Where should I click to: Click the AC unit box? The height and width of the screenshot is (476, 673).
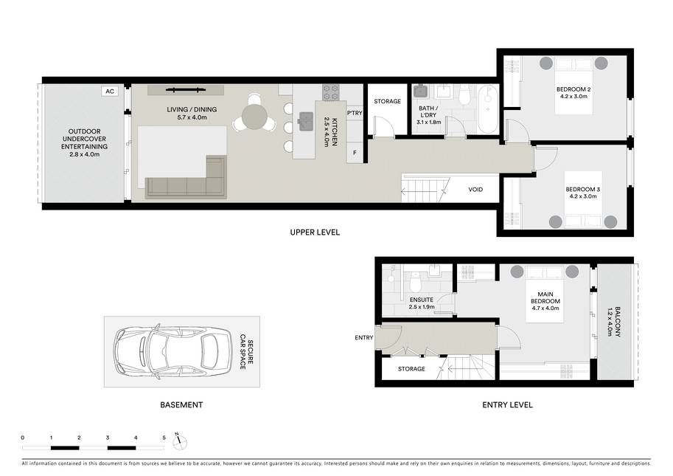[110, 91]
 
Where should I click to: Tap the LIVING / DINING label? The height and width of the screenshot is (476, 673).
[192, 109]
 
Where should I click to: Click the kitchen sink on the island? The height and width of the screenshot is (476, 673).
[307, 120]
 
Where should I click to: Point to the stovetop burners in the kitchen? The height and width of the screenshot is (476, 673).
[331, 92]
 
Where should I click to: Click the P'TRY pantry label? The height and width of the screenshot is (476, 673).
[355, 113]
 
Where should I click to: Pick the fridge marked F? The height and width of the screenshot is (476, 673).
[355, 153]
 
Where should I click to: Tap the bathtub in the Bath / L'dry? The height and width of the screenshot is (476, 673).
[487, 108]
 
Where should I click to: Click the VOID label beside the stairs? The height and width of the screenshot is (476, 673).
[475, 190]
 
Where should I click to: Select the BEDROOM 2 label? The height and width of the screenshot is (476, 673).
[573, 89]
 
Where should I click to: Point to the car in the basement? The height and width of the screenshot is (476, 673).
[172, 351]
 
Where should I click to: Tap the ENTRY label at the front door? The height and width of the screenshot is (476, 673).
[364, 338]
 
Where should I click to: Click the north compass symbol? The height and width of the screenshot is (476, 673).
[179, 441]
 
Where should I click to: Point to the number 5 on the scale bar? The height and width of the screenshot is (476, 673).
[164, 438]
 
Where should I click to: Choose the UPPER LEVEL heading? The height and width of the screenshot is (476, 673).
[315, 232]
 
